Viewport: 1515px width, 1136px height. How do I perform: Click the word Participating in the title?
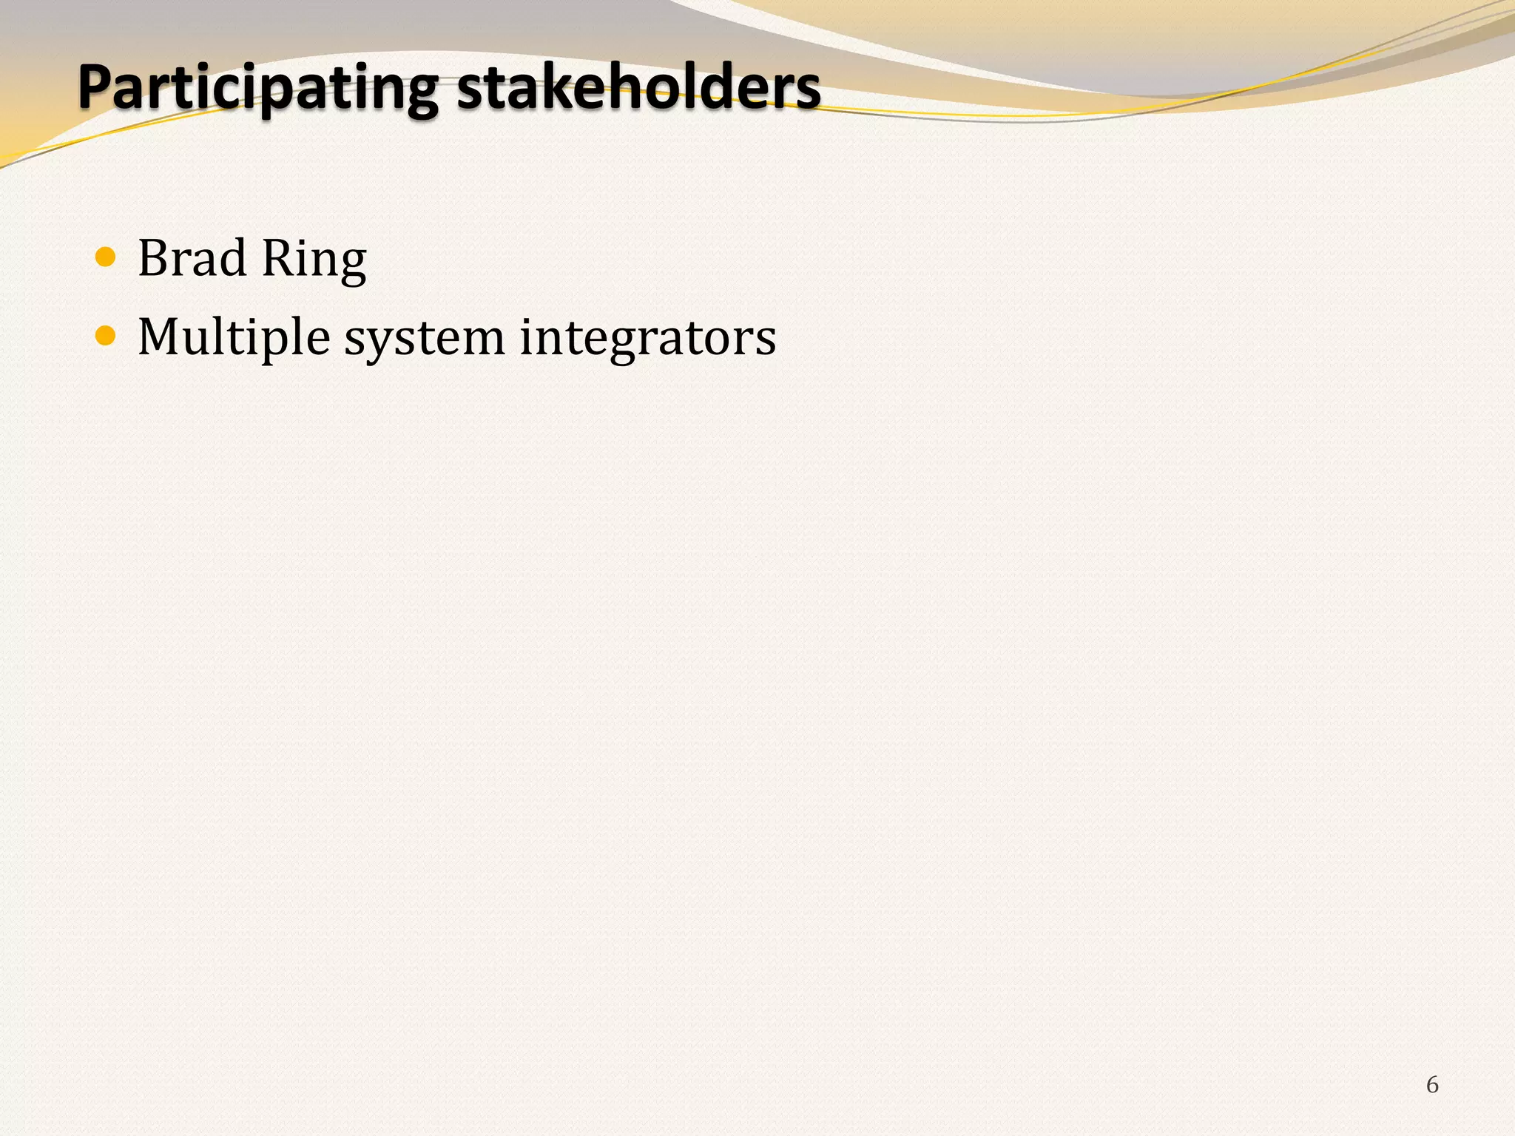[258, 87]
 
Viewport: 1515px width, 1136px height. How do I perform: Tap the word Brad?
[192, 258]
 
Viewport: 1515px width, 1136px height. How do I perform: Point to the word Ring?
[314, 260]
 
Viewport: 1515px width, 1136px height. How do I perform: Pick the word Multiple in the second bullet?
[234, 337]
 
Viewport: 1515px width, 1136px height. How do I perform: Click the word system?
[425, 339]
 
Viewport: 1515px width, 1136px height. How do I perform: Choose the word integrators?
[647, 339]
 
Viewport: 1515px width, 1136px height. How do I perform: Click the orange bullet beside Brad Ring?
[106, 257]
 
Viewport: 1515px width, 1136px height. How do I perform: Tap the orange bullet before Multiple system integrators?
[106, 337]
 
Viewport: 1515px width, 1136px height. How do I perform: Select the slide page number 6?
[1432, 1084]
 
